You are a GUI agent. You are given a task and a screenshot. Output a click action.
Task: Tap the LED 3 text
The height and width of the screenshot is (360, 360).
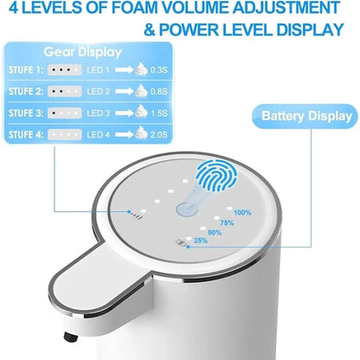point(100,113)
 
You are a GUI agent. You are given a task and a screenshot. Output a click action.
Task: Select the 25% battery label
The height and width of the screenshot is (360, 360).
point(201,241)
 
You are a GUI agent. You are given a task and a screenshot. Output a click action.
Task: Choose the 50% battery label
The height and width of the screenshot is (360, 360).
point(215,232)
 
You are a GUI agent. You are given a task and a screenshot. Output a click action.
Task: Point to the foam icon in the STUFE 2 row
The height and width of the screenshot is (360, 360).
point(141,91)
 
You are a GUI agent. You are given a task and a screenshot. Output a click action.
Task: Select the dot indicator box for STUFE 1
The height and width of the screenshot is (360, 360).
point(66,70)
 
